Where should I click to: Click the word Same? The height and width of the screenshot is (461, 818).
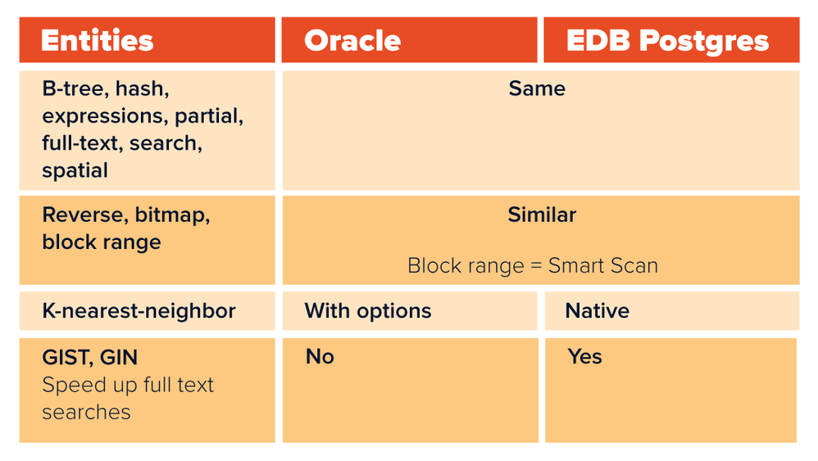[537, 88]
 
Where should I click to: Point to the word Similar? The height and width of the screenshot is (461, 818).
[542, 215]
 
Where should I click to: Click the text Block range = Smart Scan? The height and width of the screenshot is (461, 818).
[533, 265]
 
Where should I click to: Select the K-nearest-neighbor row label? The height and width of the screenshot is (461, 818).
[139, 311]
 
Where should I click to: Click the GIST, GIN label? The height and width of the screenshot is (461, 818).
[89, 357]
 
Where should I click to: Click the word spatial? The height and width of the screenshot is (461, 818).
[75, 171]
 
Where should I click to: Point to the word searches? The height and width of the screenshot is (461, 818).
[87, 412]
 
